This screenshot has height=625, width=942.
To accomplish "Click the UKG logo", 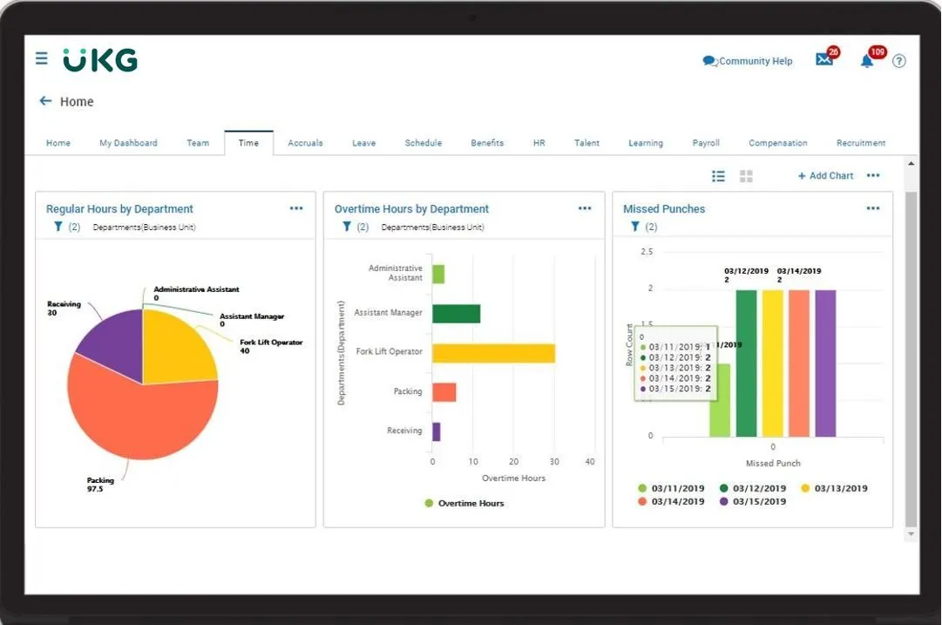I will (99, 60).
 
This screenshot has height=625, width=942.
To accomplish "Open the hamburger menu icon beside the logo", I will (41, 58).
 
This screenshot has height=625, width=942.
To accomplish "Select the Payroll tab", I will (705, 143).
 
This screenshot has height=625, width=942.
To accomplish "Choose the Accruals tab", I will (305, 143).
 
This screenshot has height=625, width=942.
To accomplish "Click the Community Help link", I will (748, 61).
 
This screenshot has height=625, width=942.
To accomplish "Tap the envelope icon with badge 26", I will (823, 60).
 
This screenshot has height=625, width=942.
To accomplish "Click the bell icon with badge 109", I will (866, 61).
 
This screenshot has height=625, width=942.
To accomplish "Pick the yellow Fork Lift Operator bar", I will (493, 353).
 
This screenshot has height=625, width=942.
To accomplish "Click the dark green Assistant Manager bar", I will (456, 314).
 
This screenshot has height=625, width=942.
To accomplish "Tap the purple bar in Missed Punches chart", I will (824, 363).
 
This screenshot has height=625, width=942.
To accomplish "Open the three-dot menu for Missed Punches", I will (872, 209).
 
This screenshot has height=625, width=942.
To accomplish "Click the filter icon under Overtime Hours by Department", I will (347, 227).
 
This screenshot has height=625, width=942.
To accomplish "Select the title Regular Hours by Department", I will (119, 209).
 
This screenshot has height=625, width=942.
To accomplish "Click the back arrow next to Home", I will (45, 101).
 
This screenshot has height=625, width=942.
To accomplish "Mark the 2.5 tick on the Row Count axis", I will (646, 252).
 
